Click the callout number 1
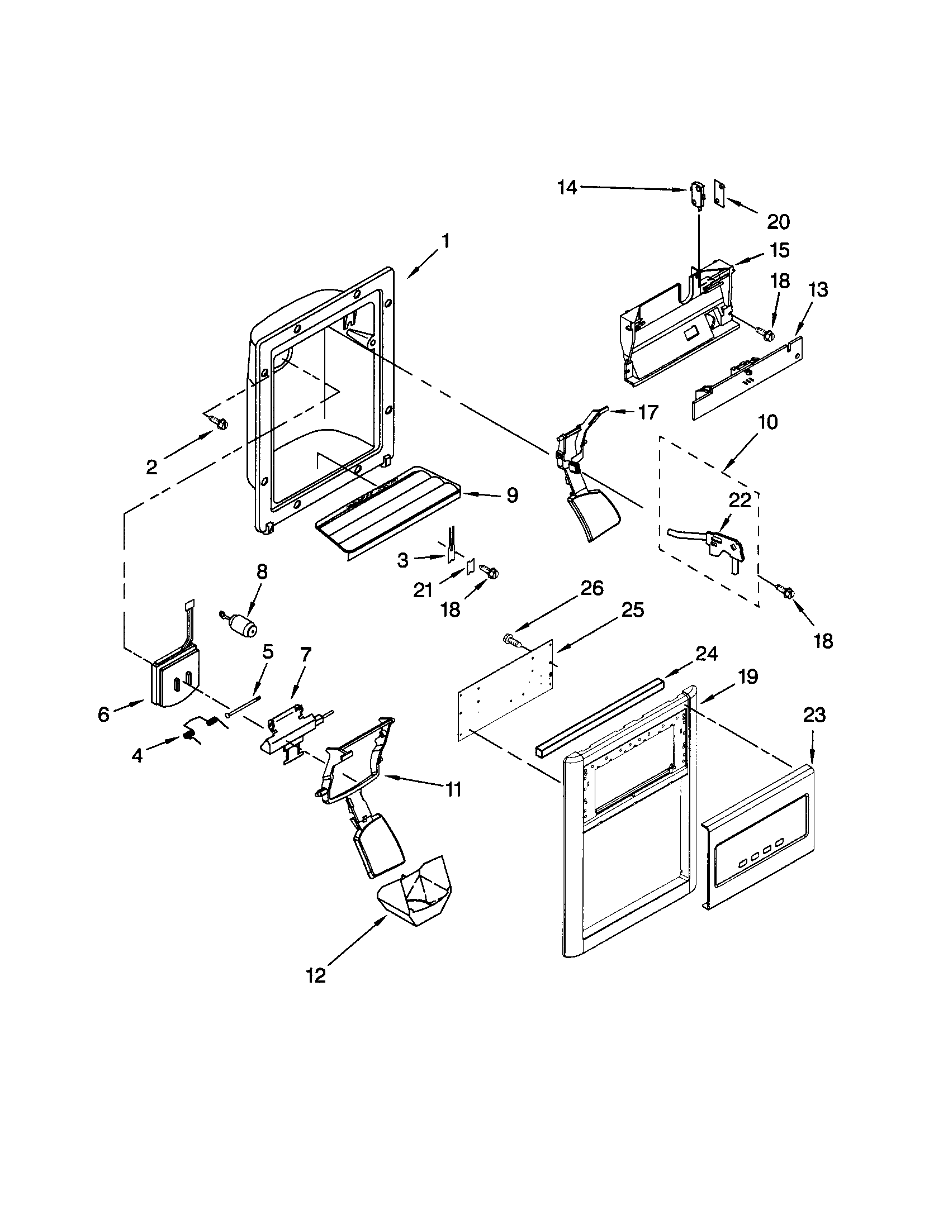coord(445,241)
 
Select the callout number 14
coord(567,187)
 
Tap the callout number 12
coord(316,975)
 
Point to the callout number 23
coord(814,715)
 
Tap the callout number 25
coord(631,610)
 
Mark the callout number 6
coord(103,714)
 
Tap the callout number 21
coord(423,590)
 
